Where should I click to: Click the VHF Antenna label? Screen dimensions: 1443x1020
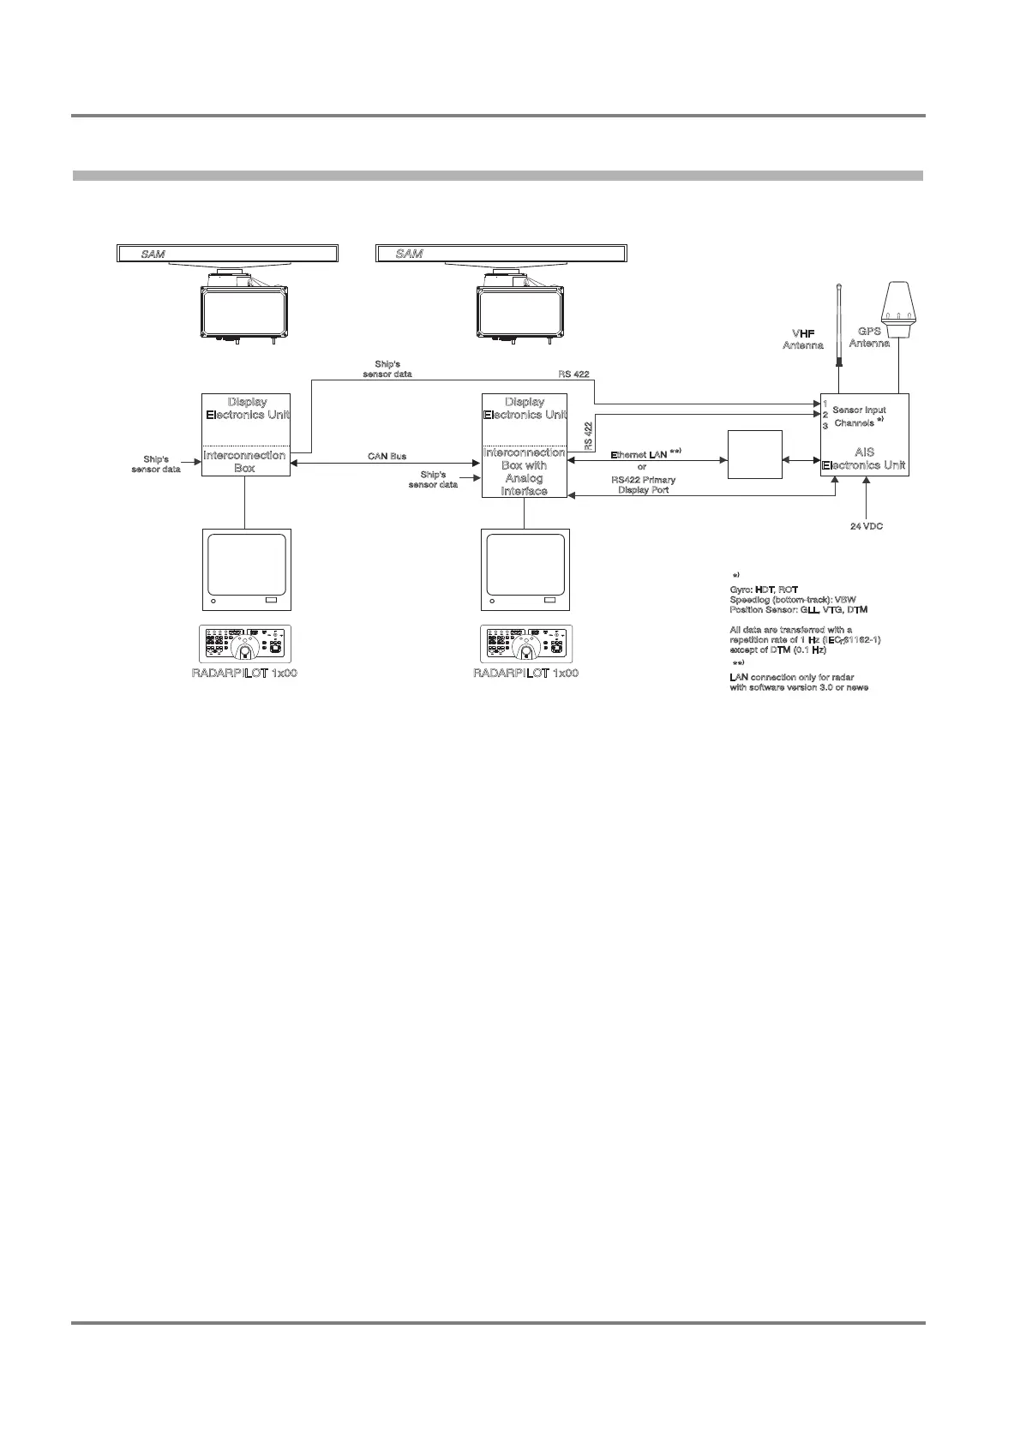[803, 338]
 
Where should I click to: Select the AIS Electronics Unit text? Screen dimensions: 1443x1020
[864, 458]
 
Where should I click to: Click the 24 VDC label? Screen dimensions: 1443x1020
[866, 526]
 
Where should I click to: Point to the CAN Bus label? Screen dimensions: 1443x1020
[387, 457]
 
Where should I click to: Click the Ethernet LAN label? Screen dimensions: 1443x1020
[645, 453]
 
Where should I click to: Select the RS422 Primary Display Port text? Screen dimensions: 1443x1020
[643, 485]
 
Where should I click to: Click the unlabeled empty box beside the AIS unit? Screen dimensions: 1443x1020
[754, 454]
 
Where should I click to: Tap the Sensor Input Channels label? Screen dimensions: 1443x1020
[859, 416]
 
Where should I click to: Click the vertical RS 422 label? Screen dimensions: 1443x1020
[589, 435]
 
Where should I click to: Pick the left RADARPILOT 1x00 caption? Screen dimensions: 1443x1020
[244, 673]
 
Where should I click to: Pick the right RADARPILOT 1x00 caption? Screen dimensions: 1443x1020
[525, 673]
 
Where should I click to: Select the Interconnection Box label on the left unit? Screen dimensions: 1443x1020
[244, 462]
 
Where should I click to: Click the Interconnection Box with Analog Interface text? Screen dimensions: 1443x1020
[524, 471]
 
